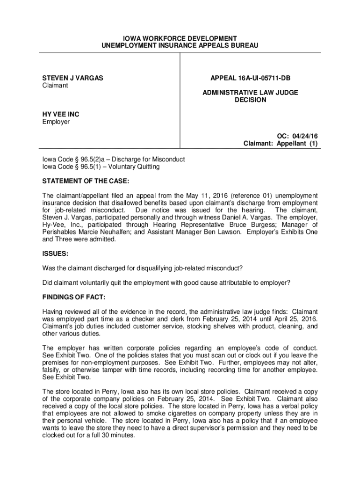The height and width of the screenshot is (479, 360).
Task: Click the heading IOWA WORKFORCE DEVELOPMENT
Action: pyautogui.click(x=180, y=37)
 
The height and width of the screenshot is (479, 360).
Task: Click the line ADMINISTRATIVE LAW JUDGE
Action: pyautogui.click(x=250, y=93)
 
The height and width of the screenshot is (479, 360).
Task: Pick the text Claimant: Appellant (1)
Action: pyautogui.click(x=281, y=144)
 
